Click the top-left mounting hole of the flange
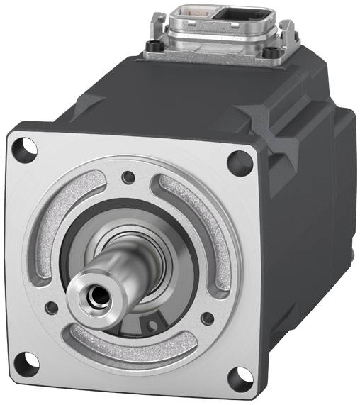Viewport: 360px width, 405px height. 27,148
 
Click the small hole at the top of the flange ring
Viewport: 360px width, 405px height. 128,177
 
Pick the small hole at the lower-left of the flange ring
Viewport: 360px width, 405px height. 51,307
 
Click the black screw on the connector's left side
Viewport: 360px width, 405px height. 150,50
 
